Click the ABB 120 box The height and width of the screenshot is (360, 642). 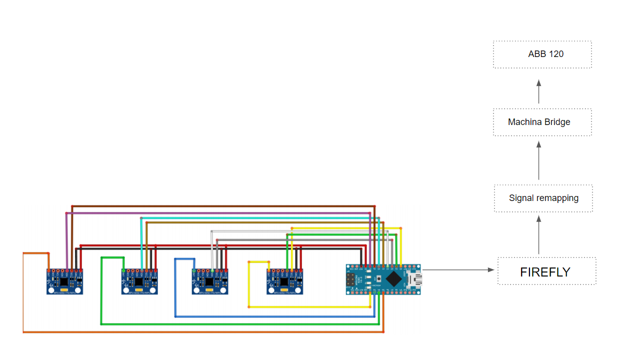point(542,54)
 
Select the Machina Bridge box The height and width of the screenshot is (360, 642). point(542,122)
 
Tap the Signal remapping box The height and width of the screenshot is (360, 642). point(543,198)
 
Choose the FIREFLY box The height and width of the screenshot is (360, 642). point(546,271)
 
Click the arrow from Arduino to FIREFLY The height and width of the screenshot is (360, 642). point(457,270)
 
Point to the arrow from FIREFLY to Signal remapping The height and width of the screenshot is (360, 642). point(539,235)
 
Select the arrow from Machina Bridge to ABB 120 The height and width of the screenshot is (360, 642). point(539,91)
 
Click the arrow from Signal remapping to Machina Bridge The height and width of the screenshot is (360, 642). point(539,160)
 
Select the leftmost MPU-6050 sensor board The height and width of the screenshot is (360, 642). point(64,282)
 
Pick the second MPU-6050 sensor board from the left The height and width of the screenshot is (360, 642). point(139,282)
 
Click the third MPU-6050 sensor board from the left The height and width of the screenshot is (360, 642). point(209,282)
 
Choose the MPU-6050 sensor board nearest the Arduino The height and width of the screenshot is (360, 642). point(284,282)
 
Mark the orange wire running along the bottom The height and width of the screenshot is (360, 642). point(200,332)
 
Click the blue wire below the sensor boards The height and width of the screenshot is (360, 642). point(275,316)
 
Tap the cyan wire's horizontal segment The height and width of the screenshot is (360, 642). point(260,218)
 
